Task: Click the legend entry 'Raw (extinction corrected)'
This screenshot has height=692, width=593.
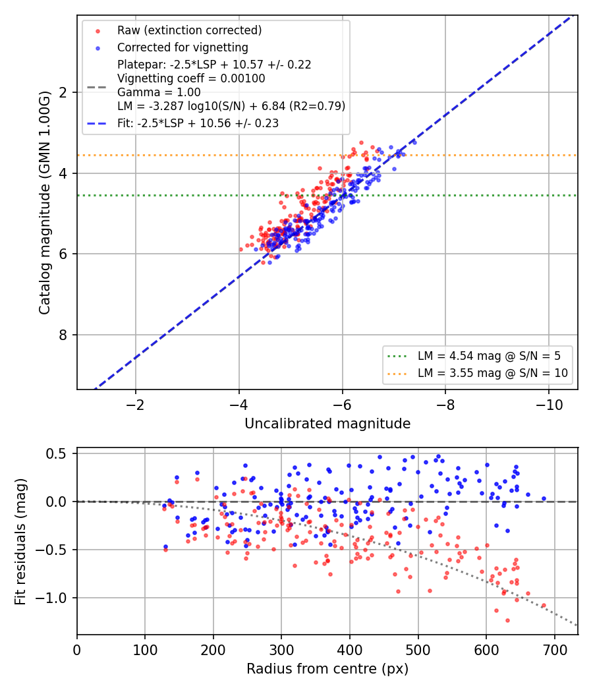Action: [x=189, y=30]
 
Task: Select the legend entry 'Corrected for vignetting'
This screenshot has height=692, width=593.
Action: [x=183, y=47]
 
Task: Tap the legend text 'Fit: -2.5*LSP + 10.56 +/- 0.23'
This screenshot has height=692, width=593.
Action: [x=198, y=123]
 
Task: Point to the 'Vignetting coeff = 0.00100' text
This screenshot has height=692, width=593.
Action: [x=191, y=78]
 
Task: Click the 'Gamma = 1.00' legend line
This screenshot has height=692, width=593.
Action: [x=159, y=92]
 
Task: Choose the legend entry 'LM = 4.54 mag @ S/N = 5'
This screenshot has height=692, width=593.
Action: [x=489, y=356]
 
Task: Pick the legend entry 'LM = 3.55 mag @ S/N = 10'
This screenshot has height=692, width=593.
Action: [x=493, y=374]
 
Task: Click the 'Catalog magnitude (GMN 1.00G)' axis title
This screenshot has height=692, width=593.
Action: [x=45, y=202]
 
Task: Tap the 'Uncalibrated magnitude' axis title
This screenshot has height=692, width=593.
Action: [x=327, y=424]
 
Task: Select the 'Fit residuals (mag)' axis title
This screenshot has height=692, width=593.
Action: [x=20, y=542]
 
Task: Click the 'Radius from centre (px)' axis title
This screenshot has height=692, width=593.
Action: [x=327, y=669]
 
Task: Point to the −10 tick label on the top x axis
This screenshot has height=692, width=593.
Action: [x=549, y=405]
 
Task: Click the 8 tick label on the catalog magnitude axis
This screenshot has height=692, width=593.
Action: [x=63, y=335]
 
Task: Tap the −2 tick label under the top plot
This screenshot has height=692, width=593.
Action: [x=136, y=405]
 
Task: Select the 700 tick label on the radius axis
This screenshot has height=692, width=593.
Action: [x=554, y=650]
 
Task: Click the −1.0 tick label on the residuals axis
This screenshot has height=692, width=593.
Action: [x=52, y=598]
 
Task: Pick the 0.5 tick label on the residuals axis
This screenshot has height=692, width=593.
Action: [x=58, y=453]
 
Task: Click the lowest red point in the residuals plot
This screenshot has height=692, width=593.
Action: [x=507, y=621]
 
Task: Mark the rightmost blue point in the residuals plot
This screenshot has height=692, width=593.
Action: [x=544, y=499]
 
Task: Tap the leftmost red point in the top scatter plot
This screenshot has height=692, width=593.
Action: [x=241, y=249]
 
